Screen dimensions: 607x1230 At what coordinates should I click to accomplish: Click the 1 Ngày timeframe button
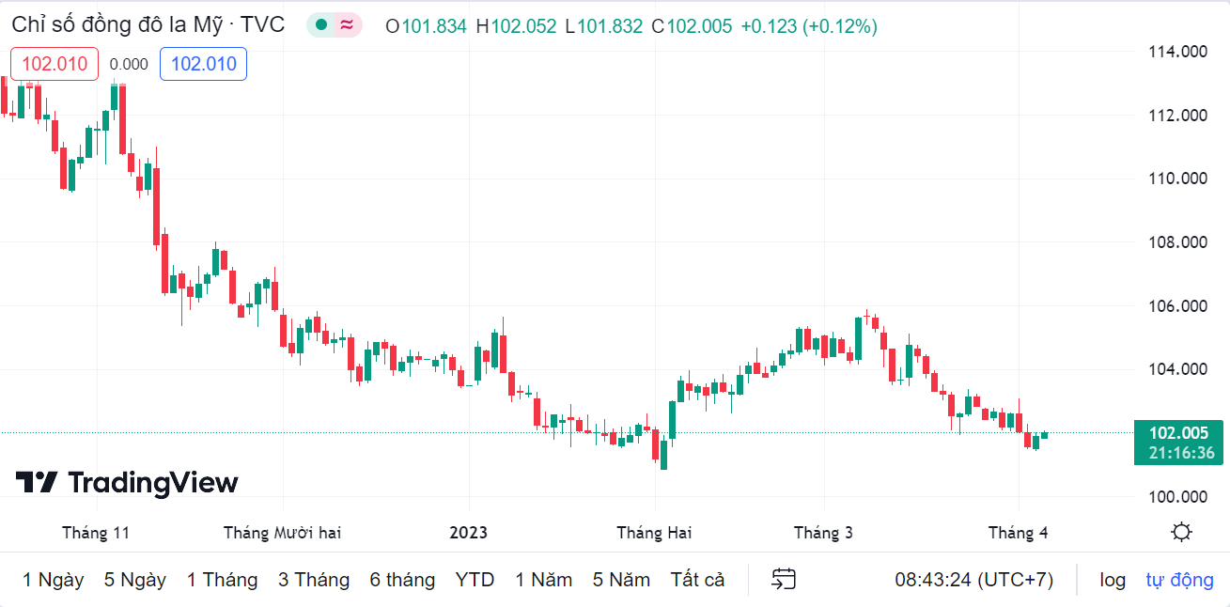point(53,580)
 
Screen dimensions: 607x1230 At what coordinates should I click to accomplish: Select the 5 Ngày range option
point(134,580)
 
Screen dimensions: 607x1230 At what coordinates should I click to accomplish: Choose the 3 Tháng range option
point(313,580)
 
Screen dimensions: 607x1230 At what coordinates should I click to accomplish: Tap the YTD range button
point(475,580)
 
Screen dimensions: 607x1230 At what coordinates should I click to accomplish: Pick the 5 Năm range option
point(621,580)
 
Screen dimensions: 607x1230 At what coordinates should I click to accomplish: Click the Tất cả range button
point(697,580)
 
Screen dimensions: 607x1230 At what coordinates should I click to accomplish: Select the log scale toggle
point(1113,580)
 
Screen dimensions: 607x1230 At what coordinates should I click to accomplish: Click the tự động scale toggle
point(1179,580)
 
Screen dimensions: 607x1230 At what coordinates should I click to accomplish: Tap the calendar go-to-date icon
point(784,580)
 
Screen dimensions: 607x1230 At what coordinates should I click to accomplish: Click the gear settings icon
point(1181,533)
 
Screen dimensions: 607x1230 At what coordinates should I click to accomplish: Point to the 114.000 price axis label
point(1177,52)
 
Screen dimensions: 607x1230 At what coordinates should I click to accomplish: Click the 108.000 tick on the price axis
point(1177,242)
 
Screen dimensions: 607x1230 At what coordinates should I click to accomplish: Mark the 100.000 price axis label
point(1177,496)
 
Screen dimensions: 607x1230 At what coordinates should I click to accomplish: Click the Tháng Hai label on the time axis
point(654,533)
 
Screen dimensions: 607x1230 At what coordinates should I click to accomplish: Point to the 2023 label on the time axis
point(468,533)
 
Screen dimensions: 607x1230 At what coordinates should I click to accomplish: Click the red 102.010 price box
point(54,64)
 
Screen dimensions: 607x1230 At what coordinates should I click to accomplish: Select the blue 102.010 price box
point(203,64)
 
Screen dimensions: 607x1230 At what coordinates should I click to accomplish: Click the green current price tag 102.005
point(1178,433)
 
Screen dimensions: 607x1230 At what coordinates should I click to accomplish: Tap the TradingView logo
point(127,483)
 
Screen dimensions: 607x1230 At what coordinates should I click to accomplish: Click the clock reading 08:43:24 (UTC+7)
point(973,580)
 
